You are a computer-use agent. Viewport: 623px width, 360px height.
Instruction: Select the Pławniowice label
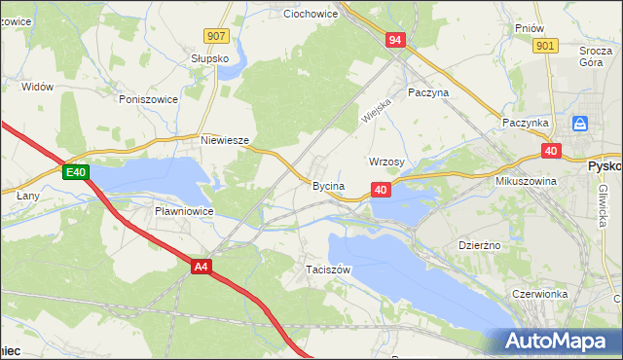coord(184,210)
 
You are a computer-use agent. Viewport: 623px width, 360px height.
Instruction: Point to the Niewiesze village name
coord(225,140)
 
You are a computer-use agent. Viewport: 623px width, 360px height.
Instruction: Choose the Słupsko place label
coord(210,58)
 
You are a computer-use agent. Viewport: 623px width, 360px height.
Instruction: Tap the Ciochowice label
coord(310,15)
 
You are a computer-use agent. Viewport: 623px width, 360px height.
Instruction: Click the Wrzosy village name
coord(387,162)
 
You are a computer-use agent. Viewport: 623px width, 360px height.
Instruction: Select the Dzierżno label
coord(479,245)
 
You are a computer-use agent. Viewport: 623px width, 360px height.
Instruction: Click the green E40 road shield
coord(77,173)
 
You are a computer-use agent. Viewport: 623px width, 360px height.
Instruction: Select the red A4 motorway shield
coord(202,266)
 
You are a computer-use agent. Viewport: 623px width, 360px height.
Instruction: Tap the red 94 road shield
coord(394,40)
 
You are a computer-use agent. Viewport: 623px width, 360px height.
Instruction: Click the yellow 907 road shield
coord(217,36)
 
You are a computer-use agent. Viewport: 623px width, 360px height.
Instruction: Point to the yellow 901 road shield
coord(546,46)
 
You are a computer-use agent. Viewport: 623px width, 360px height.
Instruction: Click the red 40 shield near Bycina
coord(381,190)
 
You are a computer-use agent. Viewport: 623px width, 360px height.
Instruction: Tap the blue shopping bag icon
coord(580,124)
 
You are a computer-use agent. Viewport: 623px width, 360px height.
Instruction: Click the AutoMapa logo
coord(559,341)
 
